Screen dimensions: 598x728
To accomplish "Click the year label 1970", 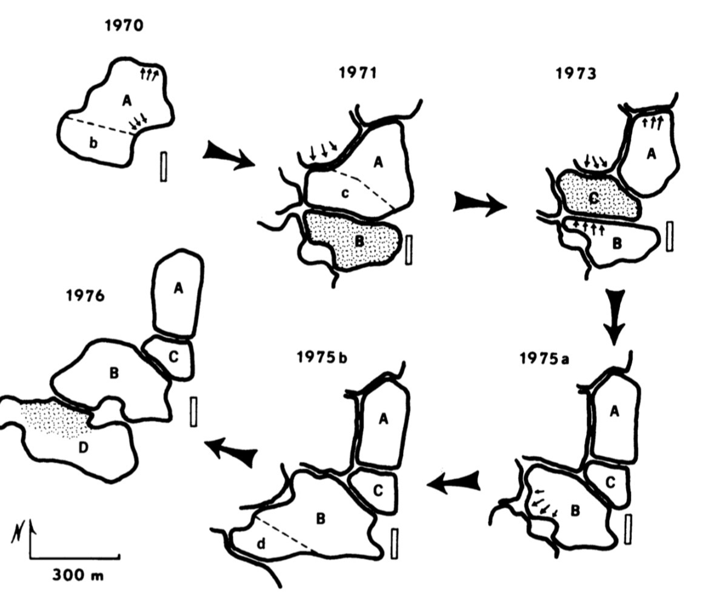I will click(x=124, y=26).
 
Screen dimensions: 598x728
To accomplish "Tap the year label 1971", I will click(x=358, y=73).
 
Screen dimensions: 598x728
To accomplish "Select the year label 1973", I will click(x=575, y=73).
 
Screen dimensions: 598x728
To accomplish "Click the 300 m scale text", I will click(x=78, y=574).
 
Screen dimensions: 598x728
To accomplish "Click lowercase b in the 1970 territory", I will click(x=93, y=143).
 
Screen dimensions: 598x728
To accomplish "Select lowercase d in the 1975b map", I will click(x=261, y=543).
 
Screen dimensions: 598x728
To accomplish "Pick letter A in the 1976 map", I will click(x=178, y=289).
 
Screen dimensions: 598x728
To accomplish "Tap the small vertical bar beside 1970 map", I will click(x=163, y=166).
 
